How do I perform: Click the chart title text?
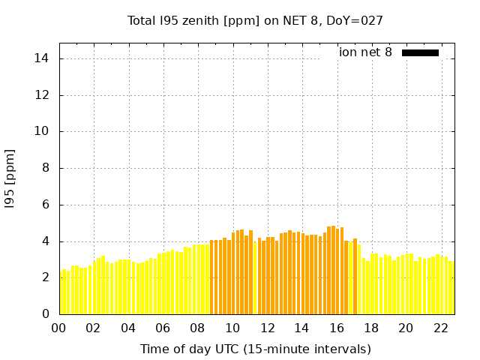click(x=255, y=20)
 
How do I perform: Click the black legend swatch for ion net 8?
click(x=420, y=52)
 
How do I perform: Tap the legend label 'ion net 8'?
click(x=365, y=52)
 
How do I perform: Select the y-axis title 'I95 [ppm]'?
click(x=10, y=178)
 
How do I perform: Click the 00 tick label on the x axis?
click(x=59, y=328)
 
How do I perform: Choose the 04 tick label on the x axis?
click(x=128, y=328)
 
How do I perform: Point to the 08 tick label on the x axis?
click(x=197, y=328)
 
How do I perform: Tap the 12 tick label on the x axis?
click(x=267, y=328)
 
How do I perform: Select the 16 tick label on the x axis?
click(x=336, y=328)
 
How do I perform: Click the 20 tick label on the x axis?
click(x=406, y=328)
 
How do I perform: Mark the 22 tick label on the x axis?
click(x=440, y=328)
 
